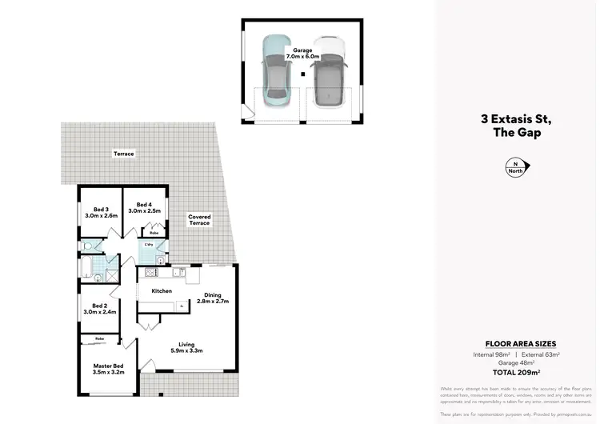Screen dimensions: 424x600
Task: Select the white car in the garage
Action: (x=328, y=72)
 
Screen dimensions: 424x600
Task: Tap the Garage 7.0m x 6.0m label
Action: (x=303, y=54)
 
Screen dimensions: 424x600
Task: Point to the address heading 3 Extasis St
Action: (x=516, y=119)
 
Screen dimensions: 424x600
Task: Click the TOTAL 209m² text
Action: (x=516, y=372)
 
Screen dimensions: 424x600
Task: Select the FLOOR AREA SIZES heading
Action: (x=516, y=343)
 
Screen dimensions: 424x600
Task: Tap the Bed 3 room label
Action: (x=102, y=213)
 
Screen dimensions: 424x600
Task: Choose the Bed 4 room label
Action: (x=144, y=207)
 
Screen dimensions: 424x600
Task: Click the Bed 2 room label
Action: (x=100, y=309)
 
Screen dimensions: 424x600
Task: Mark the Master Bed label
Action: (x=108, y=369)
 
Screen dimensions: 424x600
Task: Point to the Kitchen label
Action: (x=162, y=291)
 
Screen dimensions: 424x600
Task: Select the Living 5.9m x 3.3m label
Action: (x=187, y=346)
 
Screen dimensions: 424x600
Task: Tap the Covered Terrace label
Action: (x=199, y=220)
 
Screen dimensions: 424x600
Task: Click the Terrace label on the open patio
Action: (x=123, y=153)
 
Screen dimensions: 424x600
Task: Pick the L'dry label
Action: (x=149, y=243)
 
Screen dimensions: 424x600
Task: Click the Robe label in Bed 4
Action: (x=154, y=233)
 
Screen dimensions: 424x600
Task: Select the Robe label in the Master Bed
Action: (x=99, y=339)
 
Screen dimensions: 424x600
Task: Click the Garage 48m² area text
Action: (x=516, y=362)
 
